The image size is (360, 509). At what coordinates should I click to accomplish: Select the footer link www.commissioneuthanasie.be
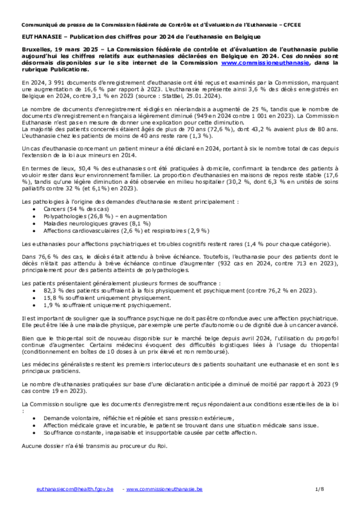[164, 489]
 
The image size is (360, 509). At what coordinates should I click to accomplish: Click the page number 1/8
[320, 489]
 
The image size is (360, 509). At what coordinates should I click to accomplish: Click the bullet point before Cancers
[33, 210]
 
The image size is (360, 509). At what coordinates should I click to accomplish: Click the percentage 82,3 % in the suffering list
[53, 290]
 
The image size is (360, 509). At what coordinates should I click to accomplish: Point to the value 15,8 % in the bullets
[53, 298]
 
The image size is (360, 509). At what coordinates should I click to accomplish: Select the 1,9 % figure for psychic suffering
[52, 305]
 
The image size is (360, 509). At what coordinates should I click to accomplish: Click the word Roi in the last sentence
[162, 445]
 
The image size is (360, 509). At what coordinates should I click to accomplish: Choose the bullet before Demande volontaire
[33, 418]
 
